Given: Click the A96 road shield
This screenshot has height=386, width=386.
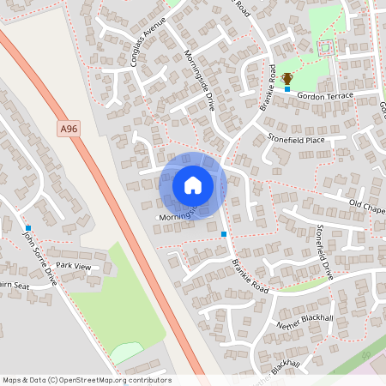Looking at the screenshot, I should tap(70, 129).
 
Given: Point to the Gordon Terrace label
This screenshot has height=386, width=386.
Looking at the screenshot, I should tap(325, 97).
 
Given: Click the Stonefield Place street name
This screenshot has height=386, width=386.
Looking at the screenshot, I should tap(296, 139).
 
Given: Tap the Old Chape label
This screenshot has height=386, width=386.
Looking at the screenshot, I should tap(366, 204).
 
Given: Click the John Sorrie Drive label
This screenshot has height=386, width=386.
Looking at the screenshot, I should tap(39, 258).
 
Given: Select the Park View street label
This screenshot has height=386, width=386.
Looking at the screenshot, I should tap(73, 266).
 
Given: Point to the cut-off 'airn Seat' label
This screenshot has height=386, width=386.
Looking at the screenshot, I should tap(15, 286).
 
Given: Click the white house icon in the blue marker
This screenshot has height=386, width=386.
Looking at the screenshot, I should tap(193, 184).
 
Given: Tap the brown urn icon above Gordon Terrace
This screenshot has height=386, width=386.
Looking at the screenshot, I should tap(287, 79).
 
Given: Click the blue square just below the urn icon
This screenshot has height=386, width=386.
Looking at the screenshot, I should tap(287, 89).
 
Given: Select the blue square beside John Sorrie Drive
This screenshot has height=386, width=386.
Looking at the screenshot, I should tap(28, 228).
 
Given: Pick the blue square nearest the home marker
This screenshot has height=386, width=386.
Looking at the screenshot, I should tap(224, 233).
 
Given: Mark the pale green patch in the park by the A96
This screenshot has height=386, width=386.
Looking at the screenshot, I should tap(126, 351).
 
